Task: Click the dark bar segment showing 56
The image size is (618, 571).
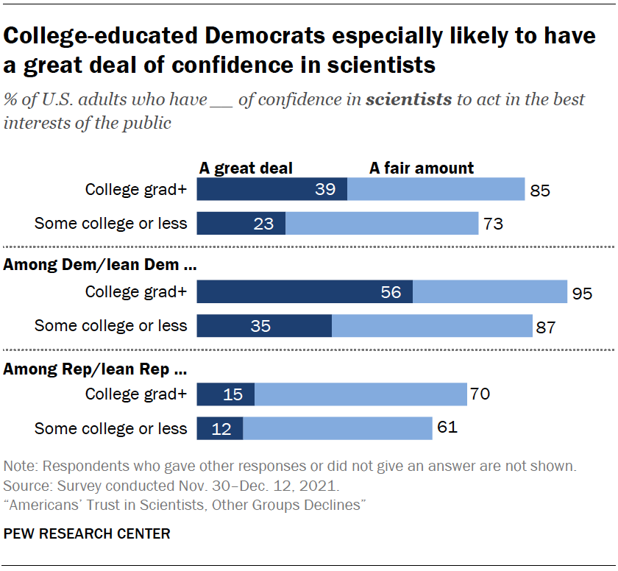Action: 305,292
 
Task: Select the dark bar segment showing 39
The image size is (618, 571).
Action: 272,190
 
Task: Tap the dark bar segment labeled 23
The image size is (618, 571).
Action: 241,224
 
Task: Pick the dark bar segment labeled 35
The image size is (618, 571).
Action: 264,326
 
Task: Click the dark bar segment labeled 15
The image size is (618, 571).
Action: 226,394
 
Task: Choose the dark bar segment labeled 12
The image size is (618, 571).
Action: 220,428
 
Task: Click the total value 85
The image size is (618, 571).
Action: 539,191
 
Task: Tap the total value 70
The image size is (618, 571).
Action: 480,394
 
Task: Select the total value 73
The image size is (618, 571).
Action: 492,224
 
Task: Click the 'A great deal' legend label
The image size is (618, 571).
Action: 246,169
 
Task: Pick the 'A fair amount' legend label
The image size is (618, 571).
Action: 422,169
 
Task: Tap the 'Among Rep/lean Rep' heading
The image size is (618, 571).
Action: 88,369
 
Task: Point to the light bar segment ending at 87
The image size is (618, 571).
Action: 432,326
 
